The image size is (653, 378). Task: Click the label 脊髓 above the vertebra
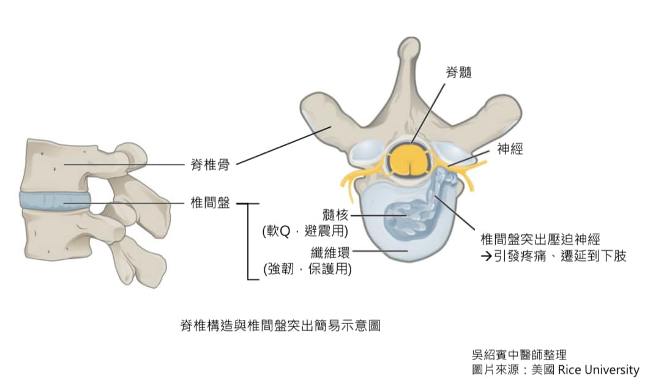(459, 73)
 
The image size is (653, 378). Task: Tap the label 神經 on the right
(510, 149)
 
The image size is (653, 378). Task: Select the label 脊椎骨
(209, 163)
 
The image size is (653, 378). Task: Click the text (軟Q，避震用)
(305, 231)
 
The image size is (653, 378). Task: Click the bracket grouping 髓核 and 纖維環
(248, 242)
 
